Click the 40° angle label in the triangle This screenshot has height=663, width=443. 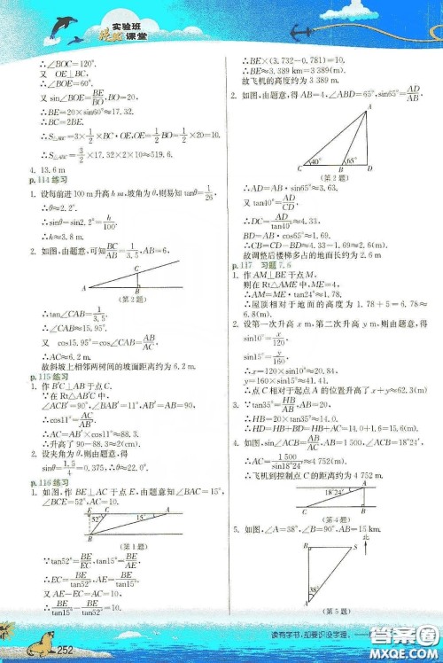tap(313, 162)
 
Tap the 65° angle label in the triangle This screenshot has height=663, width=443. tap(349, 162)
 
